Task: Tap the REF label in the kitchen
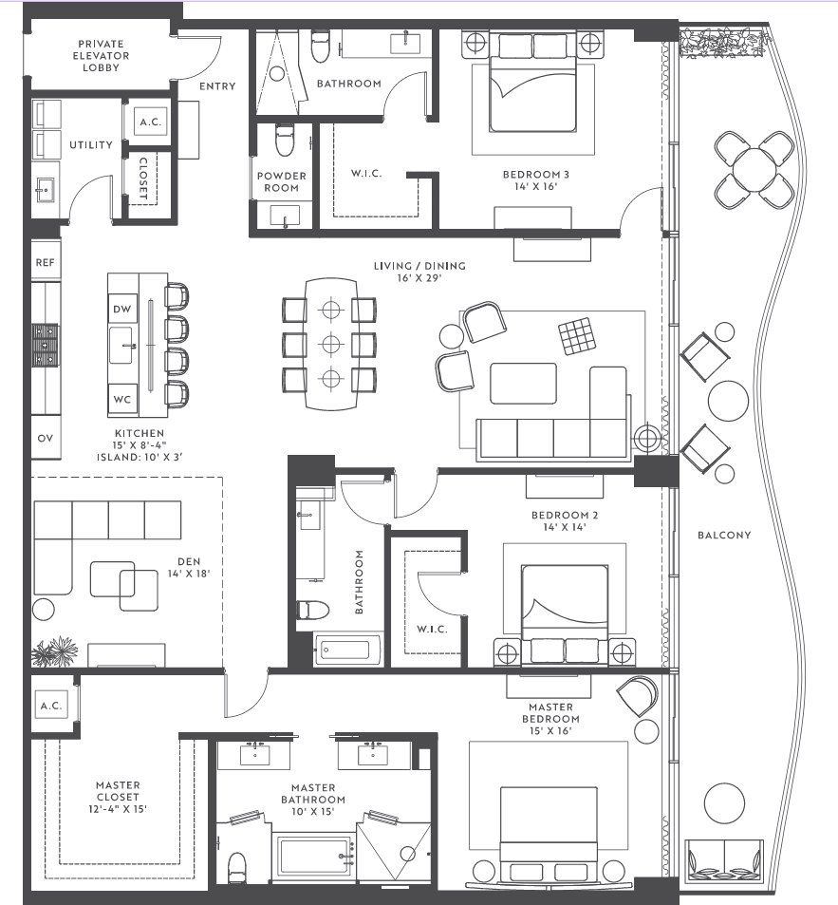click(x=45, y=262)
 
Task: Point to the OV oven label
click(x=45, y=438)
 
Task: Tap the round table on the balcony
click(x=754, y=169)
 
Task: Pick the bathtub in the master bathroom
click(x=314, y=854)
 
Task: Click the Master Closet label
click(x=118, y=797)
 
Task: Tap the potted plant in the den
click(x=54, y=652)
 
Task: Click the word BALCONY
click(x=724, y=535)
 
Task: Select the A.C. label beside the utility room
click(x=149, y=123)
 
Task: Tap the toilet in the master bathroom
click(x=238, y=865)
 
